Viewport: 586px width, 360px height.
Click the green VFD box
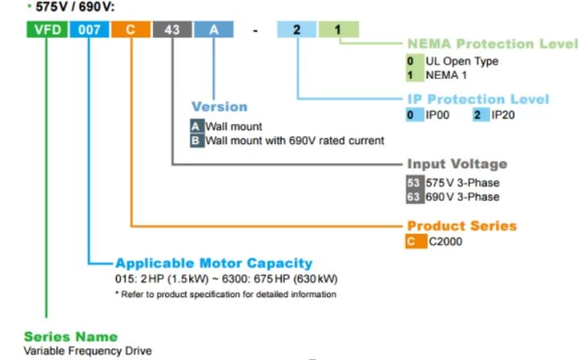[x=47, y=30]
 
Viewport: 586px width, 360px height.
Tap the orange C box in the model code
[x=130, y=30]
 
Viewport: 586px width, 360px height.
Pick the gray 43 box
[x=171, y=30]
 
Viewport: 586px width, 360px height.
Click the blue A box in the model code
[x=213, y=30]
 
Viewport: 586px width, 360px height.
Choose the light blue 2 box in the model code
[x=297, y=30]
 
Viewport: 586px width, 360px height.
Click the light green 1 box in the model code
[x=338, y=30]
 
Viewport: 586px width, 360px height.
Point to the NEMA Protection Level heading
[x=493, y=43]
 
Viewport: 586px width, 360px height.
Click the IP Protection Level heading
[x=477, y=99]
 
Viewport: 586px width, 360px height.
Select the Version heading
[x=219, y=106]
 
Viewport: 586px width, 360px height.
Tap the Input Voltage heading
[x=456, y=163]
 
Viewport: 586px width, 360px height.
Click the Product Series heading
[x=461, y=226]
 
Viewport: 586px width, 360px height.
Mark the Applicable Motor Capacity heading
[x=213, y=263]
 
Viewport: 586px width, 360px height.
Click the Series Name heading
[x=71, y=336]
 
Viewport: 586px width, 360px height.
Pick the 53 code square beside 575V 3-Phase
[x=414, y=182]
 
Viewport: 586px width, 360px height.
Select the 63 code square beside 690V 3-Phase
[x=414, y=197]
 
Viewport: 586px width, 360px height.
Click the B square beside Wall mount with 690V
[x=196, y=140]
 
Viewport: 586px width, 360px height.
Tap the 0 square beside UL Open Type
[x=411, y=61]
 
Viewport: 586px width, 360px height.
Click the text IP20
[x=504, y=116]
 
